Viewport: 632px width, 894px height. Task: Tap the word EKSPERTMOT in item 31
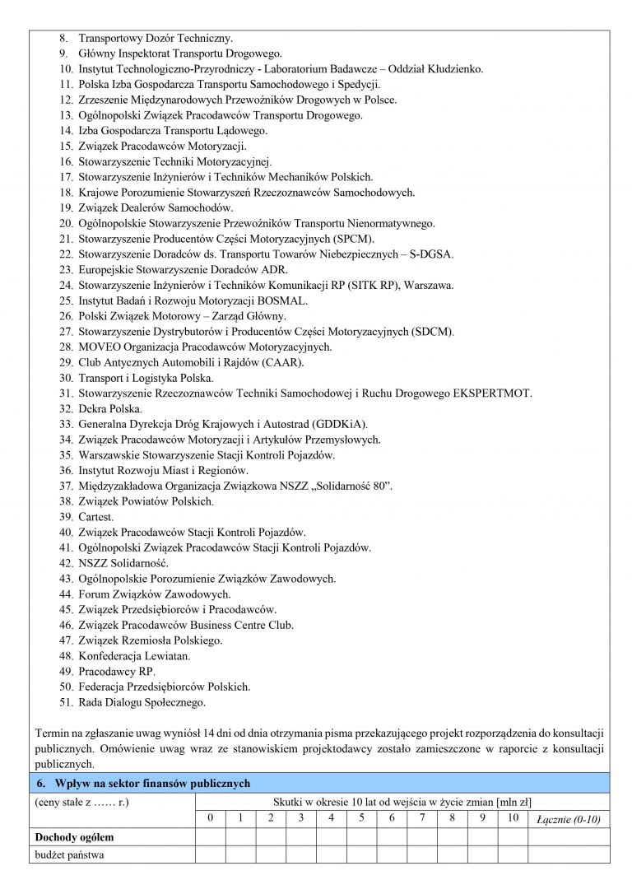point(492,393)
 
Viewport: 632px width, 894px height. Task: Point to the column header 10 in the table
point(512,818)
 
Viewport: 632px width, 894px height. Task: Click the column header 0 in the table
point(210,818)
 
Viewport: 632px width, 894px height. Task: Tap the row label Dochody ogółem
point(74,837)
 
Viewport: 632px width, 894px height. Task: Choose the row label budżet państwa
point(69,854)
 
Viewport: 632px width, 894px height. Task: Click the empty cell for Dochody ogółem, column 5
point(362,837)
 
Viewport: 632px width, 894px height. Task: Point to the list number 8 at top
point(64,38)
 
